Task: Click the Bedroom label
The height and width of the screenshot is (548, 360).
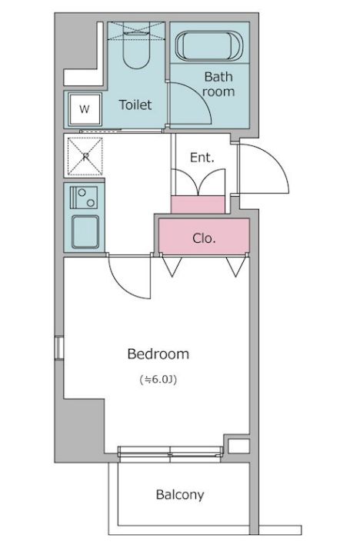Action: point(158,354)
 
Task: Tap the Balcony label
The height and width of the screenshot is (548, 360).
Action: point(180,495)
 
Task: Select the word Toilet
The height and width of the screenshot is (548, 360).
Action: point(135,105)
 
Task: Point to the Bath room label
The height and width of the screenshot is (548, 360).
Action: point(218,85)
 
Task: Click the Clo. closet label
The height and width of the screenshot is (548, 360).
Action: point(204,238)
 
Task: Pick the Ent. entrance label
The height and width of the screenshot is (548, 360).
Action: point(202,158)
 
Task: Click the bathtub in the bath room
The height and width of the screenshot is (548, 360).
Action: point(209,46)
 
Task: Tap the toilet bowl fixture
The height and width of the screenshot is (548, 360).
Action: point(136,49)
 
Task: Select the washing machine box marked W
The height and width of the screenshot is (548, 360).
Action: point(85,109)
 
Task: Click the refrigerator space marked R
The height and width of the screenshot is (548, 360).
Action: point(85,156)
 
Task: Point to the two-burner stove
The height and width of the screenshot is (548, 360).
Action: point(84,198)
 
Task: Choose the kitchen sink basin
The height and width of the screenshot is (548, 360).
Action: point(85,232)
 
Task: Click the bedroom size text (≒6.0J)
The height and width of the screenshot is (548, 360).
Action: point(158,379)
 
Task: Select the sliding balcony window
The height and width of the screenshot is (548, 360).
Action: point(170,452)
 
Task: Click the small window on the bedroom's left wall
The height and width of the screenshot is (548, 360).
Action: point(58,347)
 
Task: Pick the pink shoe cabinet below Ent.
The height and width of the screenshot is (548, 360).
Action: point(198,204)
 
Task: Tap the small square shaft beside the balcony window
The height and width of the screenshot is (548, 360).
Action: point(239,447)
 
